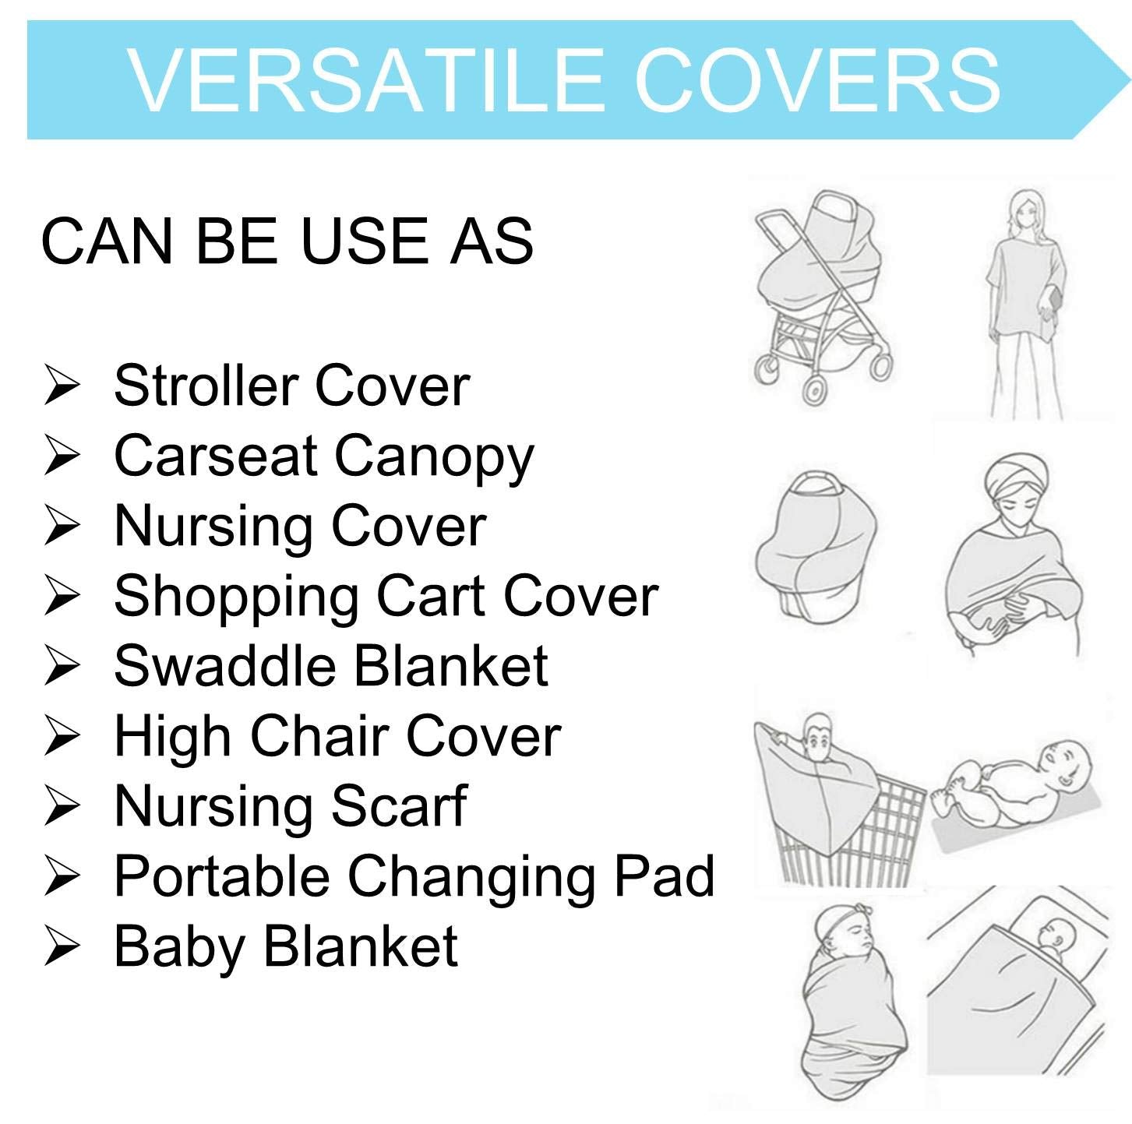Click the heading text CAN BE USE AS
tap(287, 241)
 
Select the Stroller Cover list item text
tap(292, 386)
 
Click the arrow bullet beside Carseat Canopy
tap(61, 456)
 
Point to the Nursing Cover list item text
tap(300, 526)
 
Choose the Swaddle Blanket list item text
tap(331, 666)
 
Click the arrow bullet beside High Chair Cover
tap(61, 736)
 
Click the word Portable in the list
tap(221, 876)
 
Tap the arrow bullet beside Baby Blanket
tap(61, 946)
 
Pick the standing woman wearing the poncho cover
tap(1025, 302)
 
